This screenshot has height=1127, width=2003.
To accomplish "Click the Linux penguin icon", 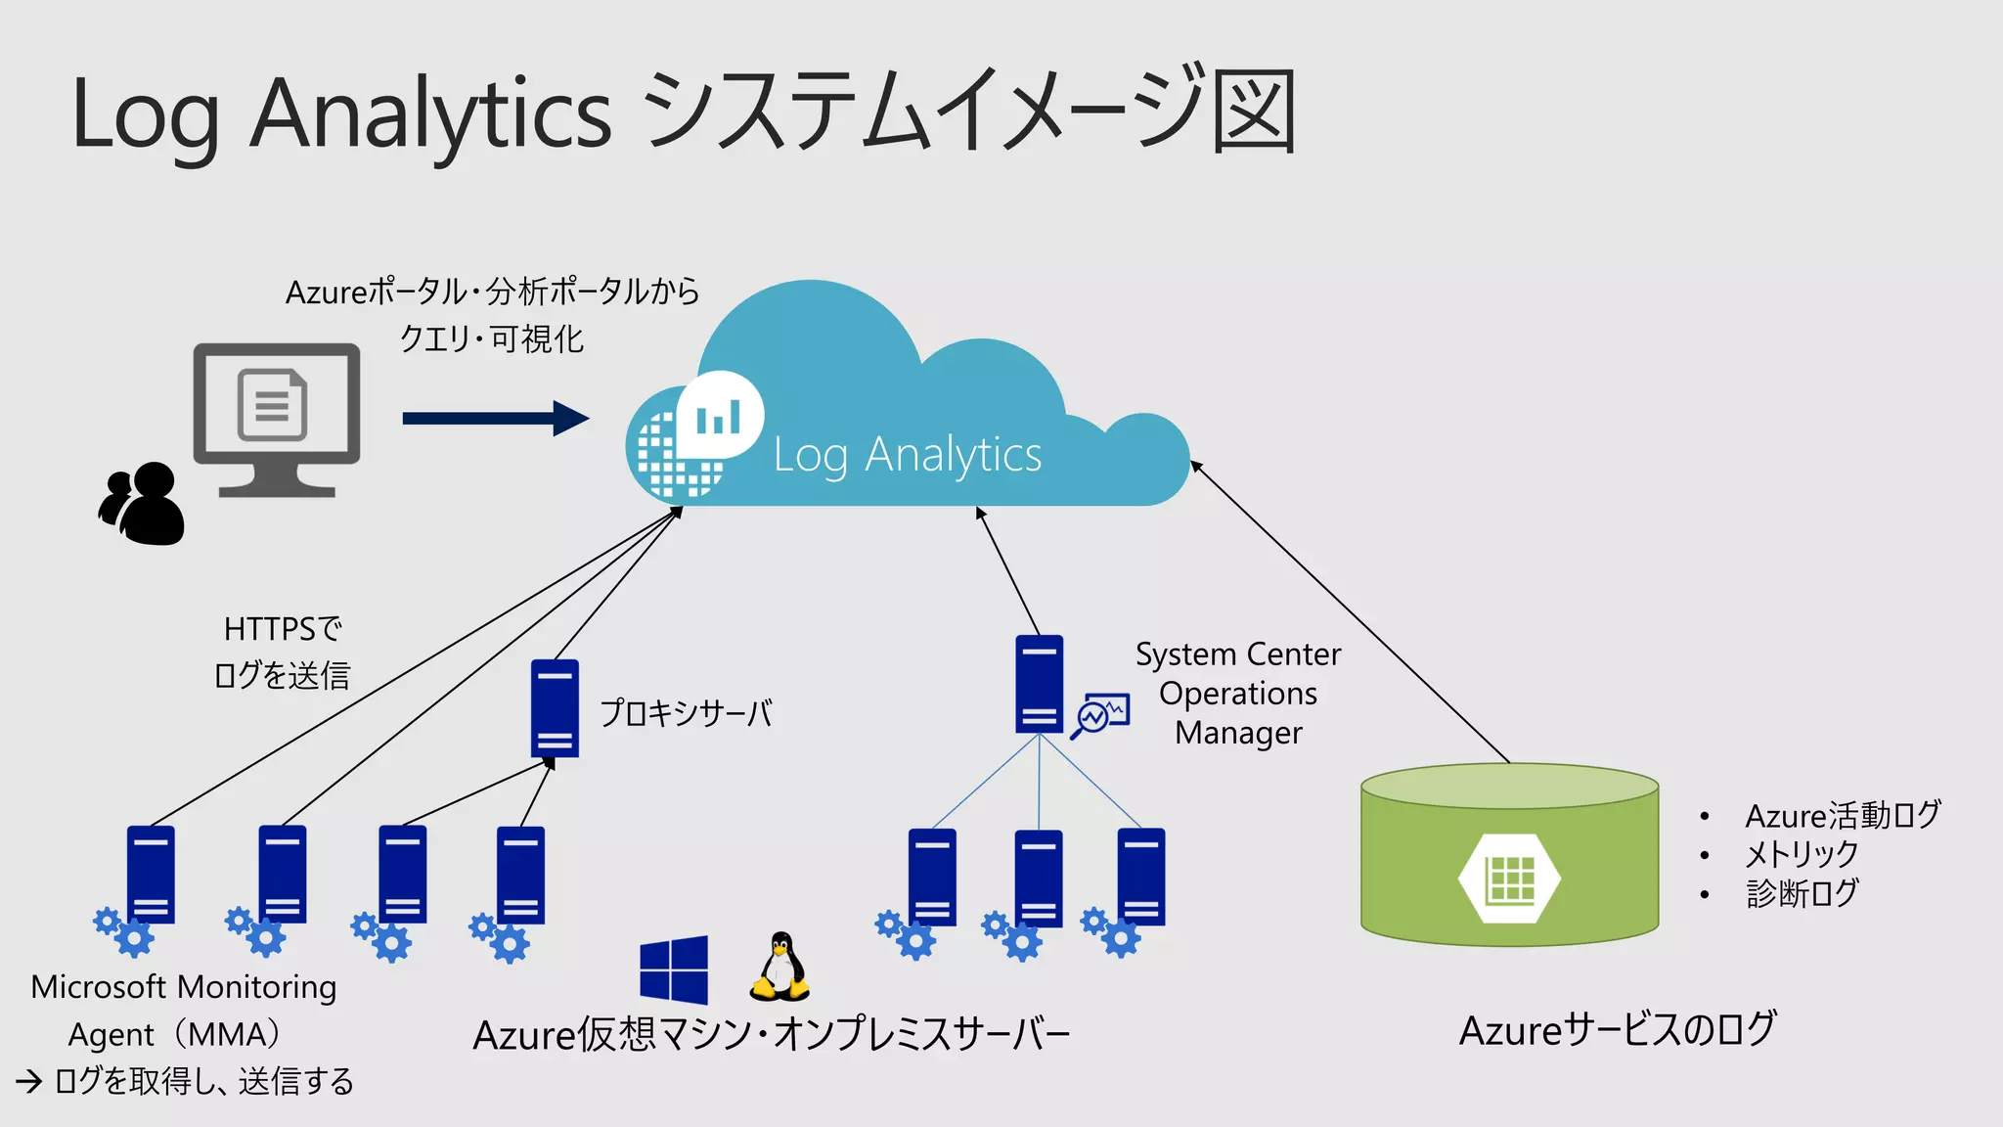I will click(x=779, y=967).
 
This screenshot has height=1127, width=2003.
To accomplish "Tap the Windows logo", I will click(x=674, y=970).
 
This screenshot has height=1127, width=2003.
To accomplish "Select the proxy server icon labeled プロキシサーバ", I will click(x=555, y=708).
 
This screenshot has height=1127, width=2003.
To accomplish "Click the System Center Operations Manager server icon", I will click(x=1039, y=684).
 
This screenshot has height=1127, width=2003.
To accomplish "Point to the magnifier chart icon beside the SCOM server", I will click(x=1100, y=715).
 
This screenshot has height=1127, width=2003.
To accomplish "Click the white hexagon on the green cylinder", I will click(x=1509, y=878).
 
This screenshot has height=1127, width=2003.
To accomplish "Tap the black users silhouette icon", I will click(x=143, y=504).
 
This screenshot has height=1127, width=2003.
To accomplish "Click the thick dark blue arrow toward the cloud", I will click(x=495, y=419).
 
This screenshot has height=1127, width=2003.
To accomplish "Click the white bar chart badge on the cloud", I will click(x=720, y=416).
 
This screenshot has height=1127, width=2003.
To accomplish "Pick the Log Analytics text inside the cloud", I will click(x=907, y=455).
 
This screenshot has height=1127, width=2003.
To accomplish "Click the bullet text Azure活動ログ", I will click(x=1843, y=815).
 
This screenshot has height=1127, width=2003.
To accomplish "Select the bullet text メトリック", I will click(x=1802, y=854).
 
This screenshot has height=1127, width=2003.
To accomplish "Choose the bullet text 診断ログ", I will click(x=1802, y=893).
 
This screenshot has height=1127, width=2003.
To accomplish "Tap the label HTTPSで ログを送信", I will click(x=282, y=652).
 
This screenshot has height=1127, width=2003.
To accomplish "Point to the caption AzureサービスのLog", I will click(x=1617, y=1030).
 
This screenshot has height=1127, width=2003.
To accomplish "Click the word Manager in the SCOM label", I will click(x=1238, y=733).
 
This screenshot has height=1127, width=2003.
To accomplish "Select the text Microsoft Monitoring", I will click(x=184, y=987).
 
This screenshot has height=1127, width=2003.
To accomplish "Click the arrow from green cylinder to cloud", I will click(x=1350, y=611).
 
